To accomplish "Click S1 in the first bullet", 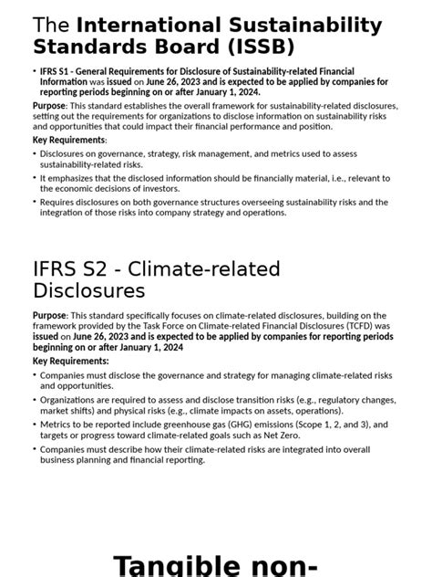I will [x=67, y=71].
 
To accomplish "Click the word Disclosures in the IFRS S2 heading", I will [x=89, y=291].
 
